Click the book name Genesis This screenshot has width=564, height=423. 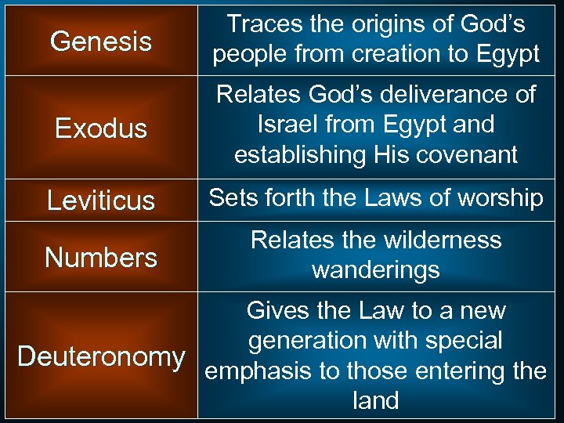point(101,41)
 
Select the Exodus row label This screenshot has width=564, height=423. point(101,128)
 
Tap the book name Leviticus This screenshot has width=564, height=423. point(101,201)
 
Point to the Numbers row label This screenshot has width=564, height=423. point(101,257)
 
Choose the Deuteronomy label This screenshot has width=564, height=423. point(101,356)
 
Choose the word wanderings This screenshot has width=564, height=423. point(376,270)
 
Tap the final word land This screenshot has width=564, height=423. point(376,400)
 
